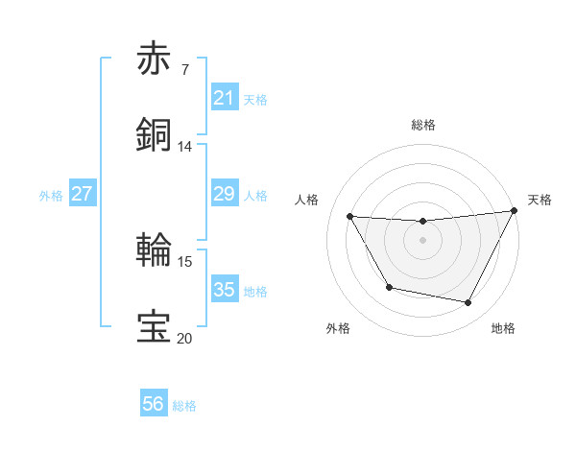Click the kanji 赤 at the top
click(156, 59)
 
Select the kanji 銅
click(156, 134)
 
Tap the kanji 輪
click(156, 249)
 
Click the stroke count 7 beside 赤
click(184, 70)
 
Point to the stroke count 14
click(184, 147)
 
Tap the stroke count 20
click(184, 338)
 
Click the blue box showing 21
click(225, 98)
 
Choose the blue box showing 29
click(225, 194)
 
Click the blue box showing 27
click(83, 194)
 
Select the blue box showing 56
click(154, 404)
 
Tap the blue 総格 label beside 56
click(184, 406)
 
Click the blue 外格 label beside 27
click(51, 196)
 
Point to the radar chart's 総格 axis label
click(423, 125)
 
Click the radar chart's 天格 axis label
click(540, 200)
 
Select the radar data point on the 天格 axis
click(514, 211)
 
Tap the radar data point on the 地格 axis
click(468, 303)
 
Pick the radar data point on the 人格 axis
click(350, 217)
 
